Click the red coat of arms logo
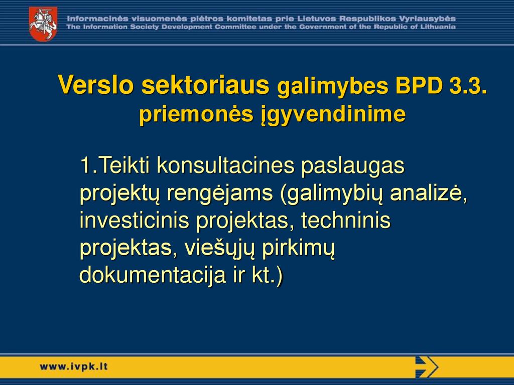click(43, 24)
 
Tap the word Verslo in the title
click(96, 85)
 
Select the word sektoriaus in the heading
click(205, 85)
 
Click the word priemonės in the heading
click(196, 115)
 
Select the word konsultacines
click(226, 165)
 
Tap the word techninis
click(346, 220)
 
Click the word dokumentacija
click(153, 276)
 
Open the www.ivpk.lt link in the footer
click(73, 366)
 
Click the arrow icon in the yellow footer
click(427, 366)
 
